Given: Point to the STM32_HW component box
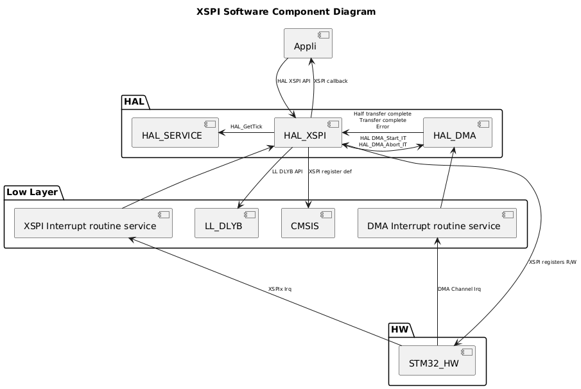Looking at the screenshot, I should tap(437, 360).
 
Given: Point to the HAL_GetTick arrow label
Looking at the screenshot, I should tap(246, 126).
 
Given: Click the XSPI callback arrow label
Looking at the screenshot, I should tap(331, 81).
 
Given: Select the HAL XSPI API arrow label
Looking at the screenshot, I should tap(293, 81).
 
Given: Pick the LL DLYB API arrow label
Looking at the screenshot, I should tap(287, 171).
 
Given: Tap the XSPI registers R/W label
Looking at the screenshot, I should tap(552, 262).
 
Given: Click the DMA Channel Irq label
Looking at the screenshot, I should tap(459, 289).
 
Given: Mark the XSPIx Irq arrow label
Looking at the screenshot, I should tap(280, 289).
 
